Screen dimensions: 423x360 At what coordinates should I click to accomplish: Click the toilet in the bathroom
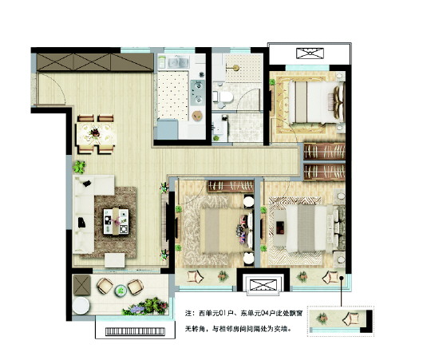coord(223,97)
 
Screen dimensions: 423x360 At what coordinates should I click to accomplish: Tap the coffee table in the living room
coord(116,221)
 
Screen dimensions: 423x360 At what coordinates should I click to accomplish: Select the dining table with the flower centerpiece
coord(97,134)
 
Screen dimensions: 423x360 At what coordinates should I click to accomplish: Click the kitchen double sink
coord(178,62)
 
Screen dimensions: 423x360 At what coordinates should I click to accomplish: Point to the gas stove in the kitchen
coord(198,93)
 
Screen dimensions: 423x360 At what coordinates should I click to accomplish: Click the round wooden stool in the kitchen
coord(197,116)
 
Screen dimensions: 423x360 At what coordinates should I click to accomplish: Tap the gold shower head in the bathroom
coord(235,68)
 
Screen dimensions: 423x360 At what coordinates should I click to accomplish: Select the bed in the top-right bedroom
coord(316,102)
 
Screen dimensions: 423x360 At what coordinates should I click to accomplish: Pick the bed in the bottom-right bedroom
coord(307,228)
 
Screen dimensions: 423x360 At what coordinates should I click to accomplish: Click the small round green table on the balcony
coord(121,291)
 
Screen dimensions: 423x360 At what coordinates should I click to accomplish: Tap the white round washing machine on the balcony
coord(81,306)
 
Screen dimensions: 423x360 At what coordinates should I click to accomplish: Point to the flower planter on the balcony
coord(146,307)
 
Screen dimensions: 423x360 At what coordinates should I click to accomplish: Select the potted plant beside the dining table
coord(79,167)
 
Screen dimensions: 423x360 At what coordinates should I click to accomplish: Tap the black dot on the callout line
coord(342,278)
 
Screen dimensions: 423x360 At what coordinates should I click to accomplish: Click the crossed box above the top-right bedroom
coord(310,53)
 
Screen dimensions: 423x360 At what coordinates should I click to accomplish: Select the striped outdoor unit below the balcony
coord(135,331)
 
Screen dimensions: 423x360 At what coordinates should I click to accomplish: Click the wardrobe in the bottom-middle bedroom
coord(231,186)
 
